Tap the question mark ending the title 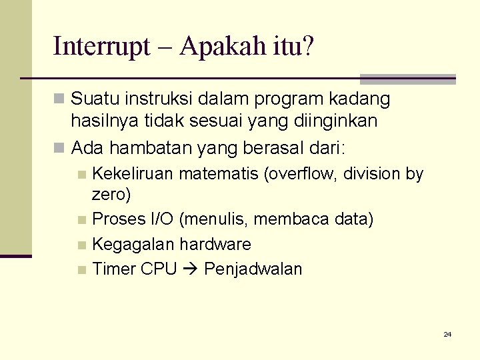(x=308, y=47)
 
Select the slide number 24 (x=447, y=334)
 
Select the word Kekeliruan (x=133, y=174)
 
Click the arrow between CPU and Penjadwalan (x=190, y=269)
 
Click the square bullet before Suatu (x=60, y=100)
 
